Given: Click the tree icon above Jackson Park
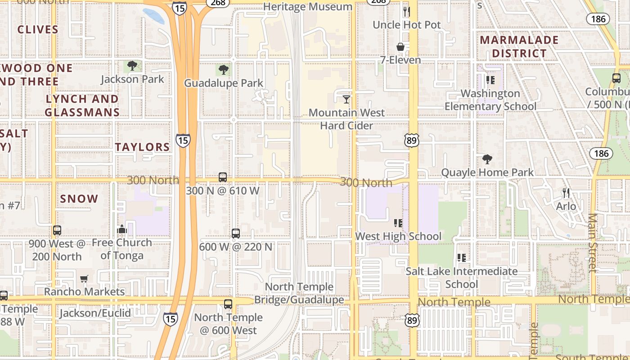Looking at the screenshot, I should pyautogui.click(x=132, y=66).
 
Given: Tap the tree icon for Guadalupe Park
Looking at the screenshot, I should pyautogui.click(x=224, y=70).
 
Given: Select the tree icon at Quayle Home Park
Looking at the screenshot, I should pyautogui.click(x=487, y=159).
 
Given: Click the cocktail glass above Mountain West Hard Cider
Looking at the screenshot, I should pyautogui.click(x=346, y=99).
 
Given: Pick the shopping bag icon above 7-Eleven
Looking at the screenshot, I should pyautogui.click(x=400, y=47).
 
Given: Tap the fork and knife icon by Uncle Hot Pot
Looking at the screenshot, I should pyautogui.click(x=406, y=11).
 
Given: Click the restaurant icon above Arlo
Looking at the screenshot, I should pyautogui.click(x=566, y=193).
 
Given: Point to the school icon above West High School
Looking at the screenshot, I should pyautogui.click(x=398, y=223).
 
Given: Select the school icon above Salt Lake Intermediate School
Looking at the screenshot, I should pyautogui.click(x=461, y=258).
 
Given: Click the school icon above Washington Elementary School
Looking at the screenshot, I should pyautogui.click(x=490, y=80).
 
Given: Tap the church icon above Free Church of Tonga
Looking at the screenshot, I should pyautogui.click(x=121, y=229).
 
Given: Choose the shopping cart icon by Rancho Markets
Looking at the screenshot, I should pyautogui.click(x=84, y=279).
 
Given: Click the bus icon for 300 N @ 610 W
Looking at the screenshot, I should pyautogui.click(x=223, y=177).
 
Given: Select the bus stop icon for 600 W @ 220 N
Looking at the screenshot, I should pyautogui.click(x=236, y=234).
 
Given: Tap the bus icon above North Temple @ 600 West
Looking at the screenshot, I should pyautogui.click(x=228, y=304).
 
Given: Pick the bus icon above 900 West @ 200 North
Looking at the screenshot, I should pyautogui.click(x=57, y=230).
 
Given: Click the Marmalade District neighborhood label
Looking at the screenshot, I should pyautogui.click(x=519, y=46).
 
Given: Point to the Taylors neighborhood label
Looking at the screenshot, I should pyautogui.click(x=143, y=147).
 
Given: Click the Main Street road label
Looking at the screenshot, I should pyautogui.click(x=593, y=243).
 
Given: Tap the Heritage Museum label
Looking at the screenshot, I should pyautogui.click(x=308, y=7).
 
